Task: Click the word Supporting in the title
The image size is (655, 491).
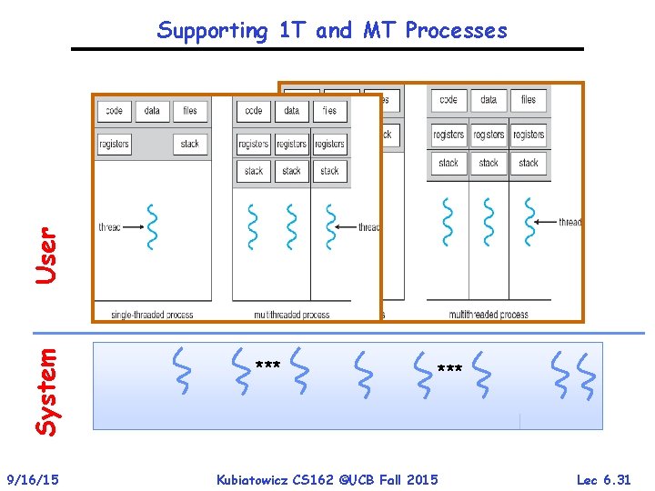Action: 212,31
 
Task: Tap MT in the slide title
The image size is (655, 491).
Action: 378,30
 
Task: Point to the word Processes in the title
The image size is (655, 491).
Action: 457,30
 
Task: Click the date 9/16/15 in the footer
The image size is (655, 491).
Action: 33,479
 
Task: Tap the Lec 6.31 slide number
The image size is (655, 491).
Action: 603,479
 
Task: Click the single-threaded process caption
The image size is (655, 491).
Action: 152,315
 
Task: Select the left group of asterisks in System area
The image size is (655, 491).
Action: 267,366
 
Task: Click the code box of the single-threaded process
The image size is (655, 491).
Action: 114,111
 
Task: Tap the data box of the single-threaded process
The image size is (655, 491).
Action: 152,111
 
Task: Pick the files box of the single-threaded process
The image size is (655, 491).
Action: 190,111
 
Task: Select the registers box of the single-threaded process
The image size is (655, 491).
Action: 114,144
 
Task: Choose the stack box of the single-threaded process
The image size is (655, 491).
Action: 190,144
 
